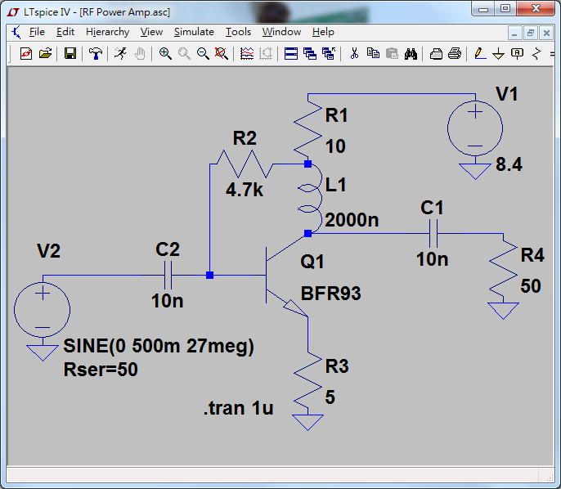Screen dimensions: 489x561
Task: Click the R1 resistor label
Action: (x=336, y=115)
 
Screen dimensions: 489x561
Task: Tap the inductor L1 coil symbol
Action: (x=308, y=199)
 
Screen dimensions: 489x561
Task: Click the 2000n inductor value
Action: (x=352, y=220)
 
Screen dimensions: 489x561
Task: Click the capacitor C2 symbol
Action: (x=168, y=275)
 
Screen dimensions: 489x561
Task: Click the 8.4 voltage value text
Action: (x=509, y=165)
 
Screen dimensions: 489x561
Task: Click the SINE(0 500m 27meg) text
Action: (x=159, y=347)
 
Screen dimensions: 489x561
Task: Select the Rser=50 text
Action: (x=101, y=370)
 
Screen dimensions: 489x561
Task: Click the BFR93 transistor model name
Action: (x=330, y=294)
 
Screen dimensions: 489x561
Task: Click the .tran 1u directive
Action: (x=238, y=408)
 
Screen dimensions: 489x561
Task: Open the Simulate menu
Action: (x=194, y=32)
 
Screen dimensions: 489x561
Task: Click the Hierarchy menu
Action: (x=107, y=32)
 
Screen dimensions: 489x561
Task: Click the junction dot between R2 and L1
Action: (x=307, y=164)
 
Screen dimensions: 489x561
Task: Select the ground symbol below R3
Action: (x=308, y=422)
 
